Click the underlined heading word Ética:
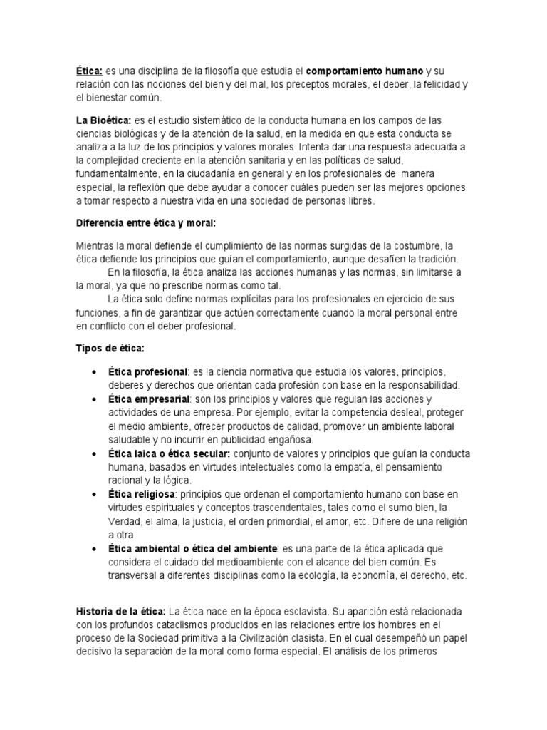coord(90,71)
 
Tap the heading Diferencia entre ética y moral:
coord(145,222)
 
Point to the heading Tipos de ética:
coord(110,348)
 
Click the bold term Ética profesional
coord(147,372)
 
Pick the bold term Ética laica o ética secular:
coord(169,453)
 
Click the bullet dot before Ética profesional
coord(95,373)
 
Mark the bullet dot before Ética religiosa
coord(95,495)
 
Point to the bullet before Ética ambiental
coord(95,549)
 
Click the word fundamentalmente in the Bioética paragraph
coord(118,174)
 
